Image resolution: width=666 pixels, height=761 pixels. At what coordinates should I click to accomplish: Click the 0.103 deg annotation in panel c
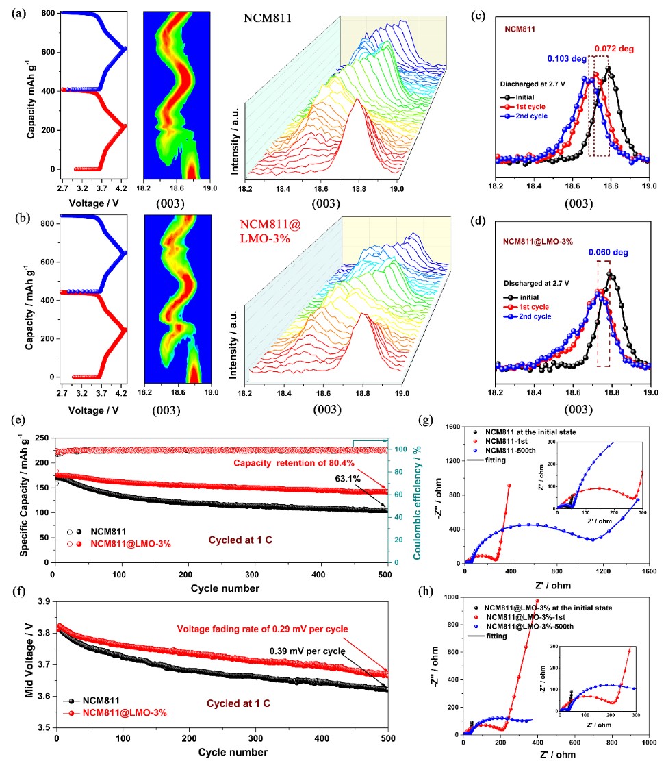point(566,59)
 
